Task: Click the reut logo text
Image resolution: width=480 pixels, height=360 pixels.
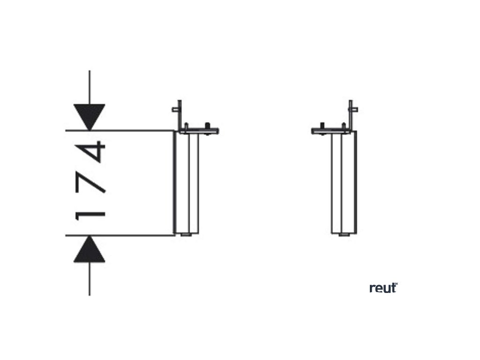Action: [383, 288]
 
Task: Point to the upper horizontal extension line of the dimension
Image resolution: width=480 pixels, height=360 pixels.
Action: [122, 130]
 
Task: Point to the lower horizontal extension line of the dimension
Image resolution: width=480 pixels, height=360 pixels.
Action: [122, 235]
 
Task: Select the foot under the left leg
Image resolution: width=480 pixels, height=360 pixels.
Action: [187, 233]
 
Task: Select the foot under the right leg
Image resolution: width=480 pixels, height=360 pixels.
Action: [345, 233]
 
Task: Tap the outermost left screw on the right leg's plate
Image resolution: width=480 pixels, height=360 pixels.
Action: [322, 126]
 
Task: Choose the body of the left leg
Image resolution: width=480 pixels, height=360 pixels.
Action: [187, 183]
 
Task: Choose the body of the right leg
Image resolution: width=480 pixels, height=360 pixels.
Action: [345, 183]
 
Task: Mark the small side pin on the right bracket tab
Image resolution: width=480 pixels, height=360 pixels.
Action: [356, 110]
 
